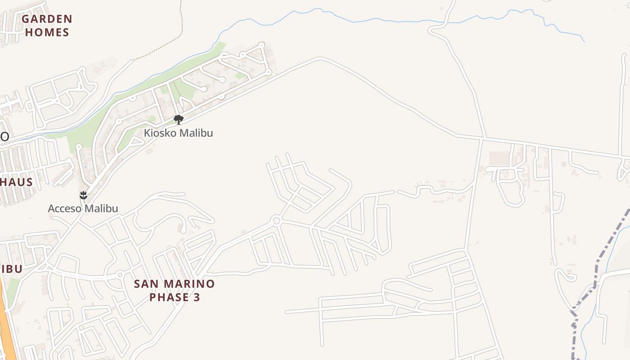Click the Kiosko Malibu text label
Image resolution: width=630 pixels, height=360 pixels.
(x=178, y=133)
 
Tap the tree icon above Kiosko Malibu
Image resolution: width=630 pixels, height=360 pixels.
(x=179, y=119)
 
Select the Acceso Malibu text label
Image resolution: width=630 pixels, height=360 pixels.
(x=83, y=209)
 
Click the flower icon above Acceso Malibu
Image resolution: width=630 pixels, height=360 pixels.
(x=83, y=195)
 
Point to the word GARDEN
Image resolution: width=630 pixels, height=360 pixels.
(x=47, y=19)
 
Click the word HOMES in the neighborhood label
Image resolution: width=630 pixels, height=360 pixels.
(x=47, y=32)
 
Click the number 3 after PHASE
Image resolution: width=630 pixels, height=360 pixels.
(x=197, y=297)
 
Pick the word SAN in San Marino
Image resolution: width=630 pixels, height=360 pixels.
(x=147, y=284)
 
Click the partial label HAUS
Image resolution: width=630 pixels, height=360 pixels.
(x=17, y=182)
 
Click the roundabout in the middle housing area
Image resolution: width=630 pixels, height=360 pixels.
(x=276, y=220)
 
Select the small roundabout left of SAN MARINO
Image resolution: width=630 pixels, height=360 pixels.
(x=120, y=274)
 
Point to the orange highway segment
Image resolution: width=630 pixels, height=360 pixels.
(x=7, y=324)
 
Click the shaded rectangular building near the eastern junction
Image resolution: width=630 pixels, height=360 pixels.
(x=499, y=158)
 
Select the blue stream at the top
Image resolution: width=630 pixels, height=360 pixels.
(x=360, y=20)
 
